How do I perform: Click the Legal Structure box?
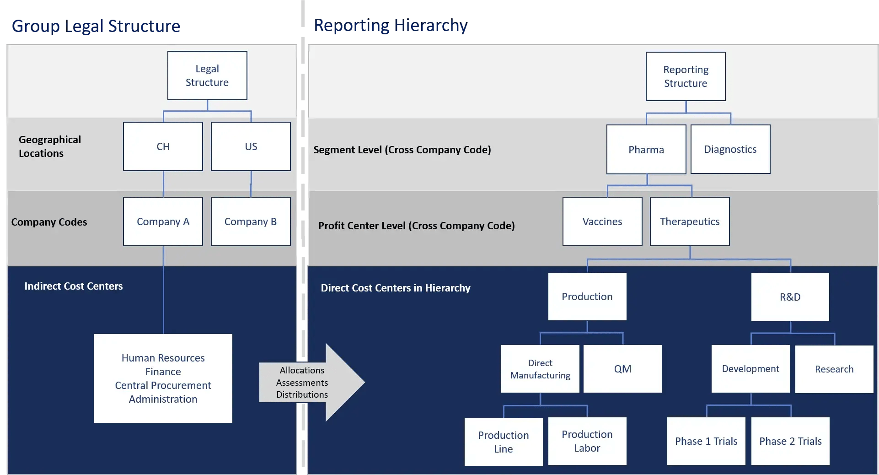click(x=207, y=76)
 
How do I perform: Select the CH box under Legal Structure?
click(x=163, y=146)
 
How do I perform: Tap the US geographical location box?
click(x=251, y=146)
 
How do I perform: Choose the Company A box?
click(x=163, y=221)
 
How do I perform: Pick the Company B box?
click(x=251, y=221)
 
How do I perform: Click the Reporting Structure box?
click(x=686, y=76)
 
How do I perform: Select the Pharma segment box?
click(x=646, y=150)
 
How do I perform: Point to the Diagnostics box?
click(x=730, y=149)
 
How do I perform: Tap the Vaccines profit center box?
click(x=602, y=221)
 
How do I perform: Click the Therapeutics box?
click(x=690, y=221)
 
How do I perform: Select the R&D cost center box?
click(x=790, y=297)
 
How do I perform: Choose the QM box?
click(x=622, y=369)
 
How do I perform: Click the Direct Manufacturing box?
click(x=540, y=369)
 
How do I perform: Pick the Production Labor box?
click(x=587, y=441)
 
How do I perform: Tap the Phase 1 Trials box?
click(x=706, y=441)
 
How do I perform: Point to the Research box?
click(x=834, y=369)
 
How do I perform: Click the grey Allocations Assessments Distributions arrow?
click(x=311, y=382)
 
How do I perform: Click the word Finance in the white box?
click(x=163, y=372)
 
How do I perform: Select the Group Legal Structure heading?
click(x=96, y=26)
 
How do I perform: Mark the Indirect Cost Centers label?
click(x=74, y=286)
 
